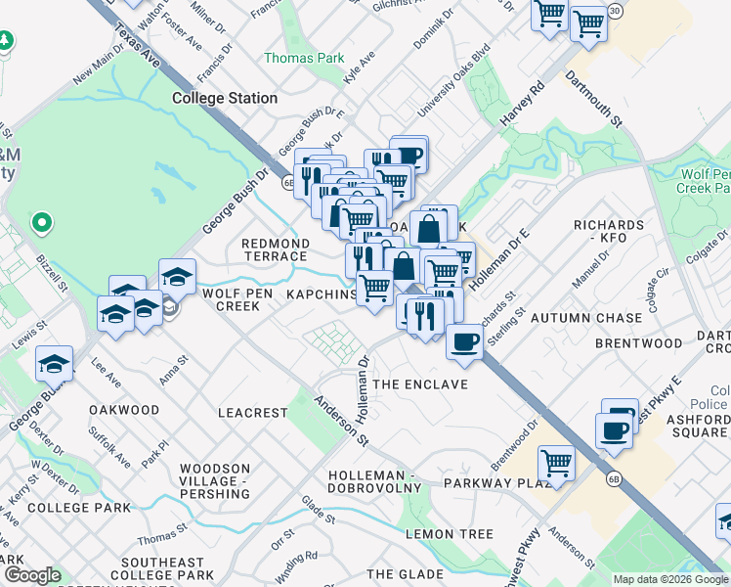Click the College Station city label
click(225, 98)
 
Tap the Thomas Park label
click(304, 58)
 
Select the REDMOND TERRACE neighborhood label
click(275, 249)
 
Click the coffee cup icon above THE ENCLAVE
click(464, 342)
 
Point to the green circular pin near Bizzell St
click(41, 223)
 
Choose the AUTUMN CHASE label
click(586, 318)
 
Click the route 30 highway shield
click(614, 10)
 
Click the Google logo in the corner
click(32, 575)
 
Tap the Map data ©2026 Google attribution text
click(670, 579)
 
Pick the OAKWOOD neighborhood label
click(124, 410)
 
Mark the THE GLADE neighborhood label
click(405, 573)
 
